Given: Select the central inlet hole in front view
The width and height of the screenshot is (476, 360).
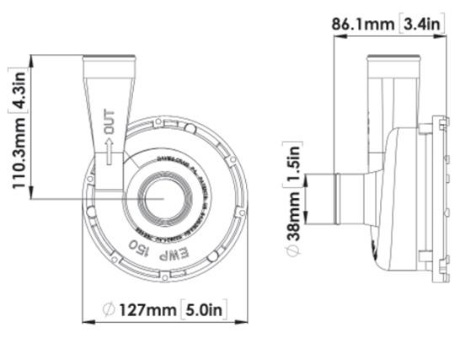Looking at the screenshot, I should pos(157,199).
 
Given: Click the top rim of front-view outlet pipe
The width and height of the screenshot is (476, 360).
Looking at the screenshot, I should pos(108,58).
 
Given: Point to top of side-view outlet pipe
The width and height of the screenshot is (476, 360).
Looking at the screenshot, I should pos(393,58).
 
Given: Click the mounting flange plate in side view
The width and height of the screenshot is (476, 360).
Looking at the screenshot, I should pos(436,199).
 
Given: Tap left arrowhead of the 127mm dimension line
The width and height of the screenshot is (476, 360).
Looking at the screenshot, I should pos(85,321).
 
